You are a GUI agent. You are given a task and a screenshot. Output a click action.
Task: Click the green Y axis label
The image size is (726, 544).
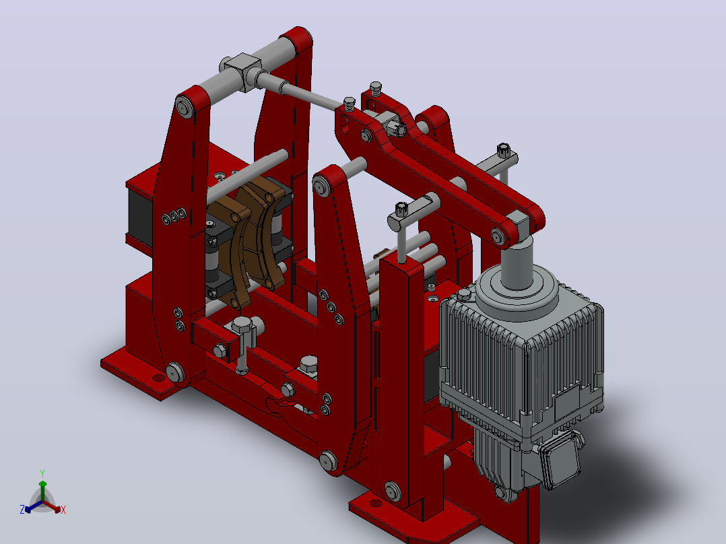tap(42, 473)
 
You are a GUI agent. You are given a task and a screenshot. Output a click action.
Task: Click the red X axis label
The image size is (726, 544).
tap(63, 510)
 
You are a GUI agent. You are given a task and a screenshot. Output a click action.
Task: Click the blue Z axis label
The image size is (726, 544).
tap(22, 509)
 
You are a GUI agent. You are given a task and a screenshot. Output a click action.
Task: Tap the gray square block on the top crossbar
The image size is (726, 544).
tap(242, 71)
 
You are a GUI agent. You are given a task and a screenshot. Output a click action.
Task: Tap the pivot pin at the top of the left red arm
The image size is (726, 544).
tap(185, 108)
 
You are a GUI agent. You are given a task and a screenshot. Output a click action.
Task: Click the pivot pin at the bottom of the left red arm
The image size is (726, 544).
tap(175, 372)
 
